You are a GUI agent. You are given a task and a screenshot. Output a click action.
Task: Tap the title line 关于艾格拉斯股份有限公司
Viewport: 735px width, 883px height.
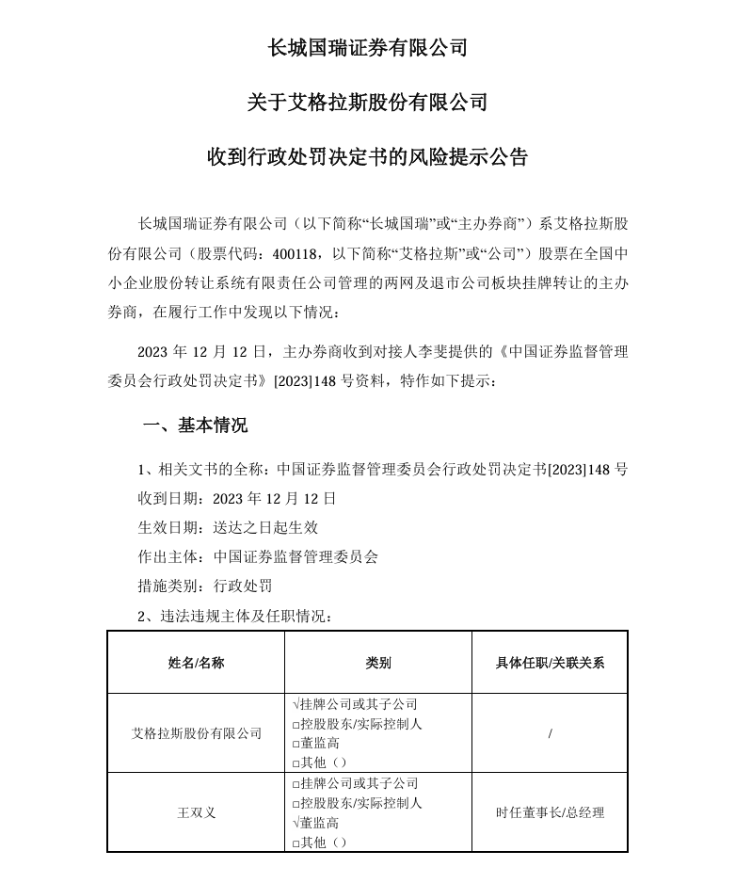click(367, 102)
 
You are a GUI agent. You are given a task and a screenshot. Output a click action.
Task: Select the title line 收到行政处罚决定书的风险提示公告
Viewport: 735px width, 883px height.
click(367, 156)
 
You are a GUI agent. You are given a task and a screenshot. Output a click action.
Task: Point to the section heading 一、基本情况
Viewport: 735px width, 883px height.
click(195, 425)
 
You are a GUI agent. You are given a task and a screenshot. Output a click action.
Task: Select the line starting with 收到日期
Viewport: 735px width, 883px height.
click(236, 498)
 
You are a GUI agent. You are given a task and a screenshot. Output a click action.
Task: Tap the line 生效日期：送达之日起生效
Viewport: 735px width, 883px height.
click(228, 527)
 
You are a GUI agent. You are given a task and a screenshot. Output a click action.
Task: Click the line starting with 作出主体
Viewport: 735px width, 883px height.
click(257, 556)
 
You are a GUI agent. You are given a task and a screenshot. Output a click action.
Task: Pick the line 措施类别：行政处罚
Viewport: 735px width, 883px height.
click(204, 586)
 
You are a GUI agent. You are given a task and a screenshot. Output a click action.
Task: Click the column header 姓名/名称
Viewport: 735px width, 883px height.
click(196, 663)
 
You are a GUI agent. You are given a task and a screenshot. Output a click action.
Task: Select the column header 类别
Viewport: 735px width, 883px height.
click(377, 663)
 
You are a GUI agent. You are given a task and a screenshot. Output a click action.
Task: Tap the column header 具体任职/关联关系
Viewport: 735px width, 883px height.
click(550, 663)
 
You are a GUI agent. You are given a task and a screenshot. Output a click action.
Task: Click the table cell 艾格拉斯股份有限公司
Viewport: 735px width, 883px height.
click(196, 732)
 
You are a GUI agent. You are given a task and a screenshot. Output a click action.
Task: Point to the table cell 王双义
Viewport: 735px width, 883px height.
click(196, 812)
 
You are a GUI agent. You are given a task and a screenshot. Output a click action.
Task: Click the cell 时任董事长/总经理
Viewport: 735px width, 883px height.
click(550, 812)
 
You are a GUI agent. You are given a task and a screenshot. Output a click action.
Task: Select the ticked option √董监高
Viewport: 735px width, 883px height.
click(315, 823)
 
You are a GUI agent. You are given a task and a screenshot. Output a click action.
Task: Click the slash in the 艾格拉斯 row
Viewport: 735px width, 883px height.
click(550, 732)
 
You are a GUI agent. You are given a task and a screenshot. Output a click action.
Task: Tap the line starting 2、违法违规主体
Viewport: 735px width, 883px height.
click(234, 616)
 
